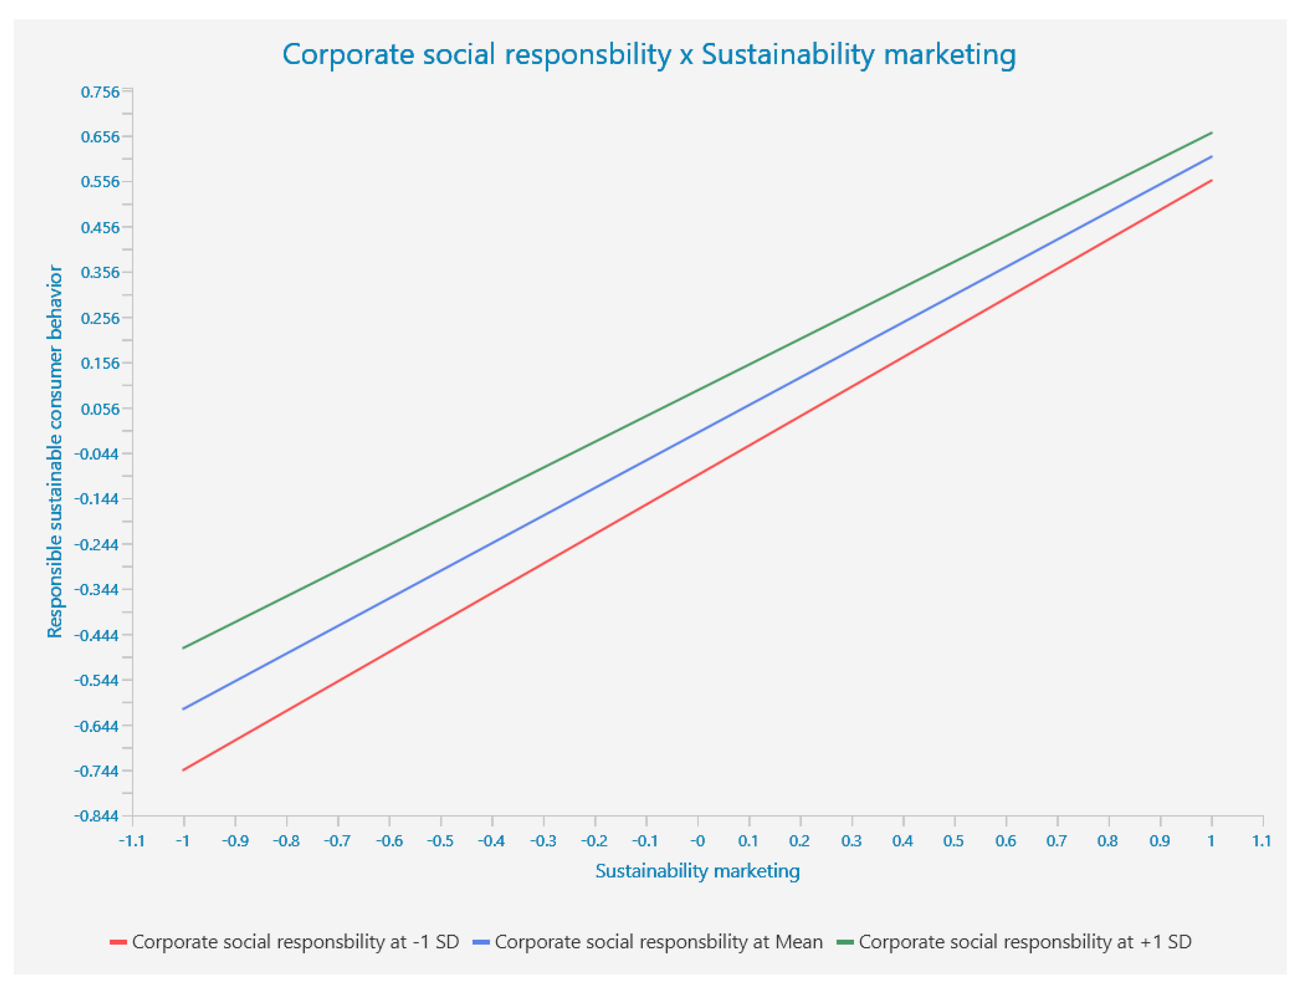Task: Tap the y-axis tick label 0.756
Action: click(100, 92)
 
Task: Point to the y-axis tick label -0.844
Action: click(96, 816)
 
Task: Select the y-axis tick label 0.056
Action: click(100, 409)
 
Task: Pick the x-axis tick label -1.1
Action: click(132, 841)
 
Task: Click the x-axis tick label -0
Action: click(697, 841)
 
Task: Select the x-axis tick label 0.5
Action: click(954, 841)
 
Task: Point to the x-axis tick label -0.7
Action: click(337, 841)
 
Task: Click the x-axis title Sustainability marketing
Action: click(697, 871)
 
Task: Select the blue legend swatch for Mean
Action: click(481, 942)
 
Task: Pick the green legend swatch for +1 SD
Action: click(846, 942)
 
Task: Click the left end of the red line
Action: click(184, 770)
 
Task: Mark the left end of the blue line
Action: click(184, 709)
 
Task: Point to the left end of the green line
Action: click(184, 648)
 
